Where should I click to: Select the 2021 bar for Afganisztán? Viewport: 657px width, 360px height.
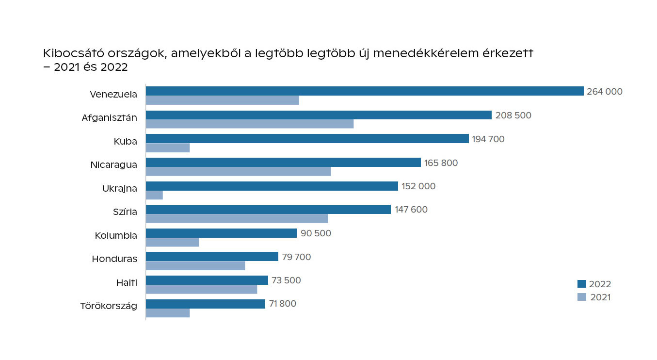coord(250,124)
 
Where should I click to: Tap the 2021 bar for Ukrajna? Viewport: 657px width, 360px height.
coord(154,195)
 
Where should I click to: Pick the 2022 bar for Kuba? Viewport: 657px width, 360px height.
coord(307,139)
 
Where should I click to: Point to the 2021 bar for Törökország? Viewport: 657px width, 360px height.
coord(168,313)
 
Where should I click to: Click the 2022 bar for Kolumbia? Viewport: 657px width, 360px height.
coord(221,233)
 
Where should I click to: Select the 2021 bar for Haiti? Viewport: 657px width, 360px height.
coord(201,289)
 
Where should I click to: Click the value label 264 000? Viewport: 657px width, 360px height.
coord(604,91)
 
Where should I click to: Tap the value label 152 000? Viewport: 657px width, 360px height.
coord(418,186)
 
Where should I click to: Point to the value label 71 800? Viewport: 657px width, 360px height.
coord(282,304)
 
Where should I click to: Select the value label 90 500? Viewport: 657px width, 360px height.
coord(316,233)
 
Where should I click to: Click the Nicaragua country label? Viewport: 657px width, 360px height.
coord(113,164)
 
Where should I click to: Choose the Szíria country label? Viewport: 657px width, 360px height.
coord(125,212)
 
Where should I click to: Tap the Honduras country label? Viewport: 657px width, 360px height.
coord(114,259)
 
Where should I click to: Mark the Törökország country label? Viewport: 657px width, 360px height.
coord(109,306)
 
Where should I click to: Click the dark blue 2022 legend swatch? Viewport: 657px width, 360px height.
coord(582,284)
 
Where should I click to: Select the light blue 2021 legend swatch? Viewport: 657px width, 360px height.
coord(582,297)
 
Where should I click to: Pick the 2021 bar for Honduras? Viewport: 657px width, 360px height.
coord(195,266)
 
